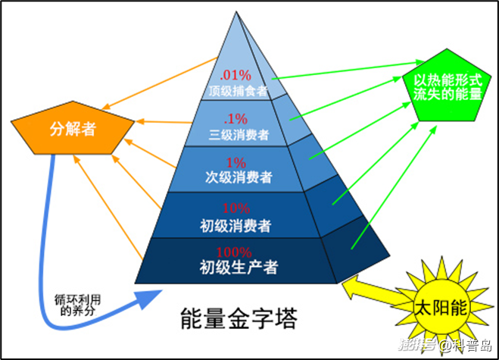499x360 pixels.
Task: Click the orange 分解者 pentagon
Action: (x=67, y=128)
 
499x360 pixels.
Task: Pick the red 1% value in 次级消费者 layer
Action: (x=235, y=163)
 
